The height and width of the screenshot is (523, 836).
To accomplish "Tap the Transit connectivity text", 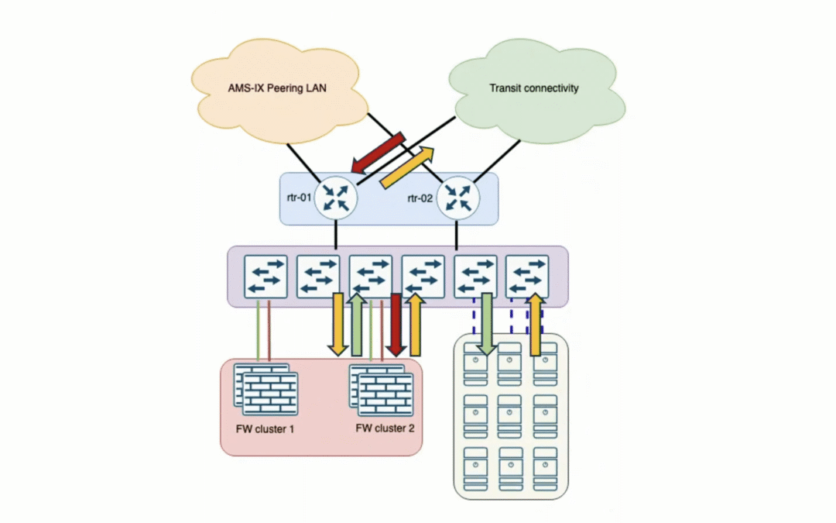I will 533,88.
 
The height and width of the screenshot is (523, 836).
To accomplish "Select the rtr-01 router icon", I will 337,198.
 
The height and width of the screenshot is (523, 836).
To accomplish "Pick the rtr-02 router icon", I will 459,198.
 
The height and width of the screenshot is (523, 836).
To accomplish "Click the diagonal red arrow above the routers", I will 379,152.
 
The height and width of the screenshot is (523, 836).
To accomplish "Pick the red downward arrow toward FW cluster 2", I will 397,324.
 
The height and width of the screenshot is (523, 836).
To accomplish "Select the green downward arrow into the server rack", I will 485,324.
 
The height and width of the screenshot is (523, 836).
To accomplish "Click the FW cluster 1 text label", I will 265,428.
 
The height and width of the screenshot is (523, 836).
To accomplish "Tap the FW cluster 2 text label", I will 385,428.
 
